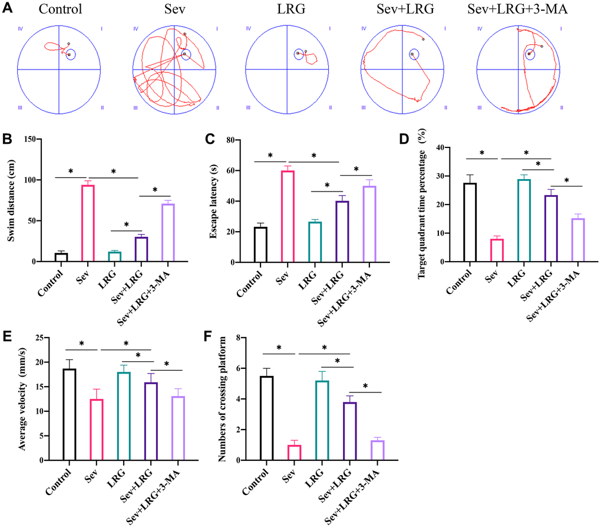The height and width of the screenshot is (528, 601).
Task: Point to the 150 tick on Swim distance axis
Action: coord(41,140)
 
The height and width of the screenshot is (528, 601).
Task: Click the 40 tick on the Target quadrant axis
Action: coord(445,148)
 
